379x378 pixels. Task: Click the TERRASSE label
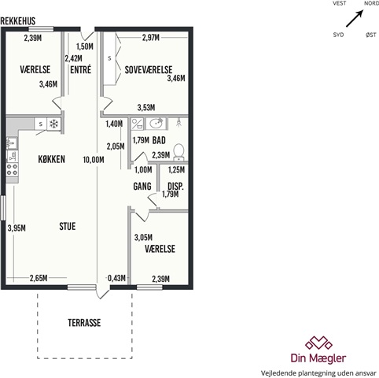(x=84, y=323)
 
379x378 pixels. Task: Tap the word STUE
(x=68, y=226)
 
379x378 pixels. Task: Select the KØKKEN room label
(x=52, y=159)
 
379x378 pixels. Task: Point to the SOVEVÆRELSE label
(x=149, y=70)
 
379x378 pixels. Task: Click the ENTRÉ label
(x=81, y=69)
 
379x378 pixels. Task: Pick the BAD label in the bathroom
(x=159, y=140)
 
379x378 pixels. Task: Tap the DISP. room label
(x=175, y=187)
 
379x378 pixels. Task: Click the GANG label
(x=142, y=187)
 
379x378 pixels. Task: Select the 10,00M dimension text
(x=94, y=159)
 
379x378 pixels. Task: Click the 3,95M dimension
(x=17, y=228)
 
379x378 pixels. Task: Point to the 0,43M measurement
(x=116, y=278)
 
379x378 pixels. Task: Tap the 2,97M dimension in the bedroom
(x=151, y=38)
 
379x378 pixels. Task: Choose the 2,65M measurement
(x=39, y=278)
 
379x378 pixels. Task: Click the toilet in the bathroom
(x=179, y=152)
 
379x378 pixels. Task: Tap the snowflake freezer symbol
(x=53, y=124)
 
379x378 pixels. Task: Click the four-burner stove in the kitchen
(x=12, y=169)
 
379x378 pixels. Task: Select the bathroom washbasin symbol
(x=156, y=124)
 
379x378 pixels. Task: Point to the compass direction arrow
(x=355, y=18)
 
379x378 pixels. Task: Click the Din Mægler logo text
(x=318, y=358)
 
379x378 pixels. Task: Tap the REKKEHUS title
(x=18, y=21)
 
